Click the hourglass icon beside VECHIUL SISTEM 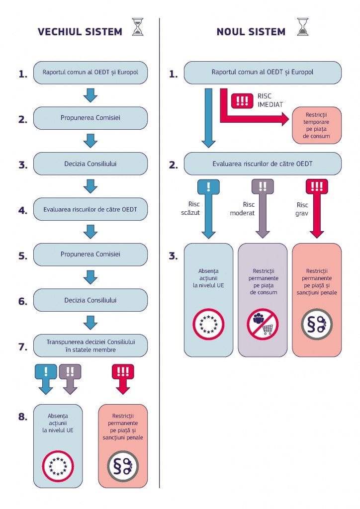click(x=138, y=28)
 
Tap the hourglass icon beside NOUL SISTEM click(x=302, y=28)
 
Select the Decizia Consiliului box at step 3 click(x=90, y=164)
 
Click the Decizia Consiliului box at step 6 click(x=90, y=300)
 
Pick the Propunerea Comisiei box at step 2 click(x=90, y=118)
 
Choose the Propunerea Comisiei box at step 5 click(x=90, y=254)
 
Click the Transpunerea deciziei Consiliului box click(x=90, y=345)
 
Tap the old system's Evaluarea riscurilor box click(x=90, y=209)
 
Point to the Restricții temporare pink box click(x=317, y=125)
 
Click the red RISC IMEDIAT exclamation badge click(x=242, y=101)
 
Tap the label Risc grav click(x=302, y=209)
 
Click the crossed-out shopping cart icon click(x=263, y=324)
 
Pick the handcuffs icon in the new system click(x=317, y=324)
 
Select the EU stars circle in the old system click(x=58, y=466)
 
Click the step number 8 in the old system click(x=23, y=417)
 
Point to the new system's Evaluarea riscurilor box click(x=263, y=164)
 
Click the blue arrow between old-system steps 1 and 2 click(x=90, y=95)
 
